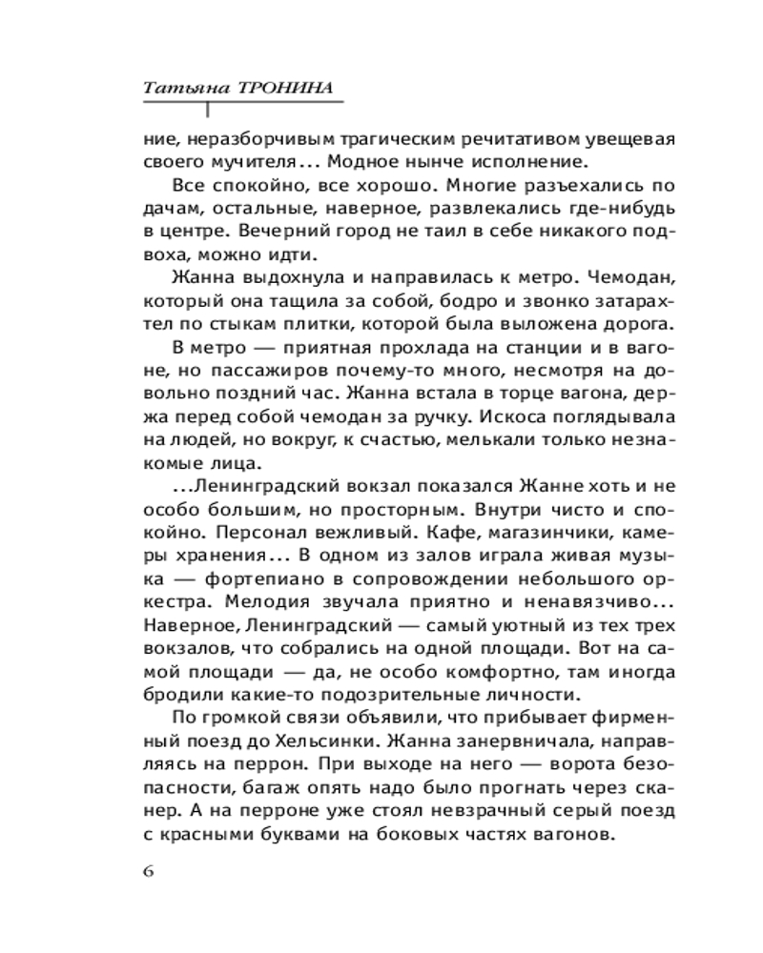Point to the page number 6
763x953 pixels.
147,873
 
